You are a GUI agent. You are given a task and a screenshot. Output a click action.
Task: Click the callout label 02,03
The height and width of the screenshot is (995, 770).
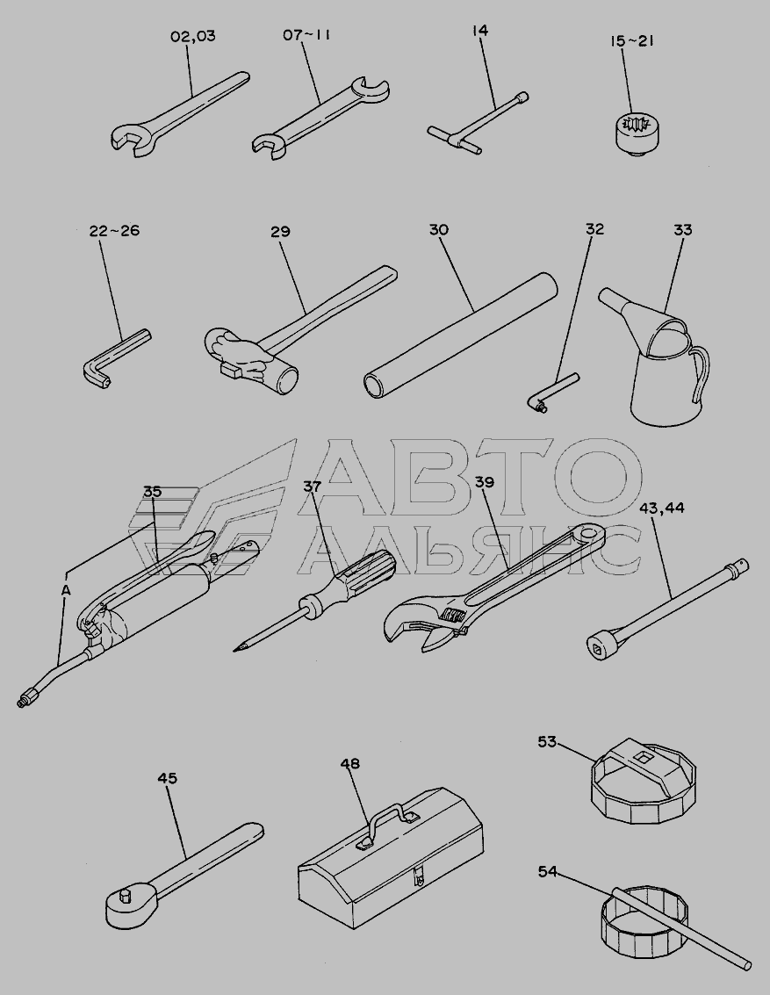coord(193,36)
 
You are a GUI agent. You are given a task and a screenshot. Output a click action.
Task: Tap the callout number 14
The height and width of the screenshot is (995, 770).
coord(480,30)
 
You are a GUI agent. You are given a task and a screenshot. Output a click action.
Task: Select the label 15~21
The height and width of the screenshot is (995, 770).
coord(632,41)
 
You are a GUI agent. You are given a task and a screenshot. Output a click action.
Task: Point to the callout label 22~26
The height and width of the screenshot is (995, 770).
coord(114,230)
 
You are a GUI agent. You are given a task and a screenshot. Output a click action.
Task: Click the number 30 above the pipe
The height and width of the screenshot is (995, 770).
coord(438,229)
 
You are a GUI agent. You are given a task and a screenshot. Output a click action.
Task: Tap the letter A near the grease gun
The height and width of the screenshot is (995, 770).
coord(66,590)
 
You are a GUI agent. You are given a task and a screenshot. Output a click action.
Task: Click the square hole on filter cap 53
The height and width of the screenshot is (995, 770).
coord(644,757)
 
